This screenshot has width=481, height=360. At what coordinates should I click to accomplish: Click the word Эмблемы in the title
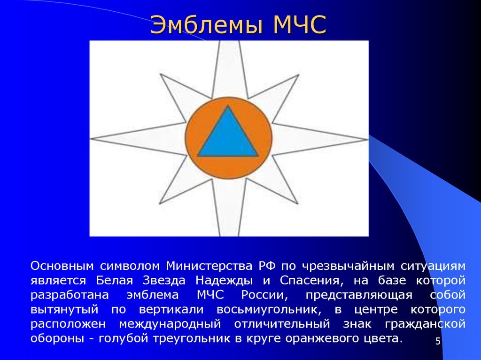point(207,24)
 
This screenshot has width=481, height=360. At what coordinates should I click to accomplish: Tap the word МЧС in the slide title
point(299,24)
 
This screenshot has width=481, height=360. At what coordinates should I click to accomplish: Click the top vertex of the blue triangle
point(228,106)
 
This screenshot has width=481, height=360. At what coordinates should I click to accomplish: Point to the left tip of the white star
point(91,138)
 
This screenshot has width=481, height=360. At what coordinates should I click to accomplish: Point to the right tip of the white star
point(367,139)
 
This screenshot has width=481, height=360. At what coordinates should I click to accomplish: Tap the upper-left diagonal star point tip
point(161,74)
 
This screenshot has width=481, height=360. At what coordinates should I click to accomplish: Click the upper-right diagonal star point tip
point(298,75)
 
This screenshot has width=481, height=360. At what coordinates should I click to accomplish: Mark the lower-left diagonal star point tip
point(160,203)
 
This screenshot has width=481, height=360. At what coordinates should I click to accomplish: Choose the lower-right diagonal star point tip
point(297,203)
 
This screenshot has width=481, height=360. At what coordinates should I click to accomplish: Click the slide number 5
point(438,341)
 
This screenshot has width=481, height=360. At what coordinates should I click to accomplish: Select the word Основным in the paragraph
point(62,266)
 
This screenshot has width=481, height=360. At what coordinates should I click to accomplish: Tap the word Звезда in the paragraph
point(164,280)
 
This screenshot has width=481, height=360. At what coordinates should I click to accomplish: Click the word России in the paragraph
point(264,295)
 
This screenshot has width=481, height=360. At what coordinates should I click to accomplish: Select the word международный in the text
point(170,324)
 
